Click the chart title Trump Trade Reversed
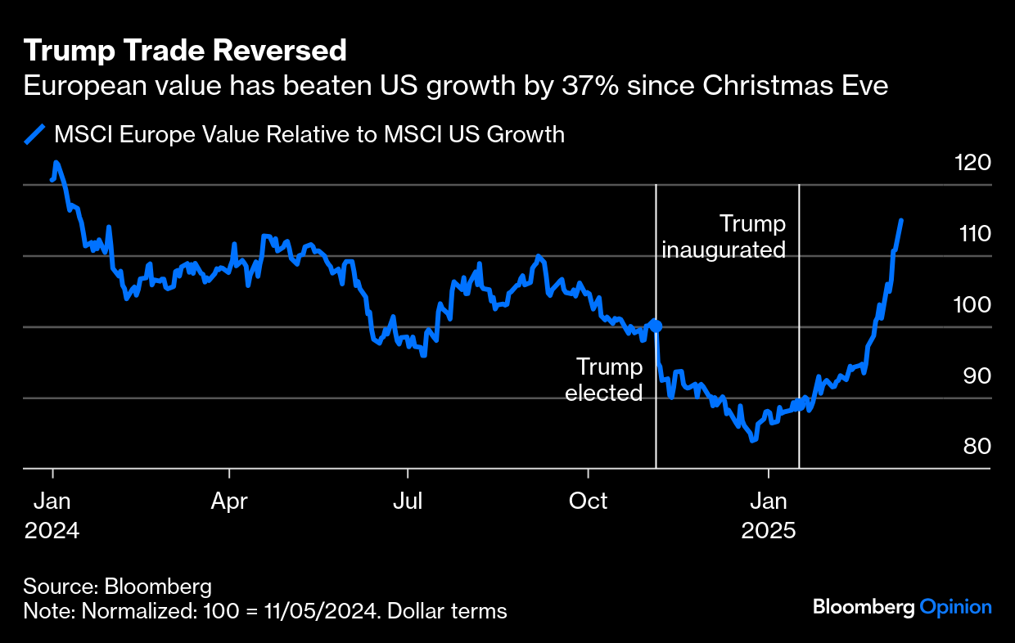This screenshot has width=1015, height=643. (185, 52)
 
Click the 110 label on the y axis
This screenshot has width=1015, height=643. (972, 233)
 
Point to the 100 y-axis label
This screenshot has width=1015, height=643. (972, 304)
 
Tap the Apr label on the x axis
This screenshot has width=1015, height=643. (230, 501)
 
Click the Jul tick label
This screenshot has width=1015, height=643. (408, 501)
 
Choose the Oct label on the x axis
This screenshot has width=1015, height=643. (588, 501)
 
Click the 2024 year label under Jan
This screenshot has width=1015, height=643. (52, 530)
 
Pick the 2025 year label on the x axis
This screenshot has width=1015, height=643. (769, 530)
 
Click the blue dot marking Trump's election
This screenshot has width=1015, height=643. (656, 326)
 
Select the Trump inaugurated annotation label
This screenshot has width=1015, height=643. (724, 236)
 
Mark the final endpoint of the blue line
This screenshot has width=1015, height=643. (901, 220)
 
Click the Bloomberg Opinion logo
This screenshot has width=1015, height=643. (902, 607)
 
